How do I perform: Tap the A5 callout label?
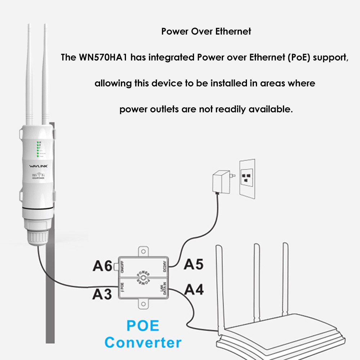click(194, 264)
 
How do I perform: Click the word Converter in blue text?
click(143, 342)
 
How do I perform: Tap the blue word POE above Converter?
click(143, 325)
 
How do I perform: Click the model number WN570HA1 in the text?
click(102, 58)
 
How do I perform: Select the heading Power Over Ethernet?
click(206, 31)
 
